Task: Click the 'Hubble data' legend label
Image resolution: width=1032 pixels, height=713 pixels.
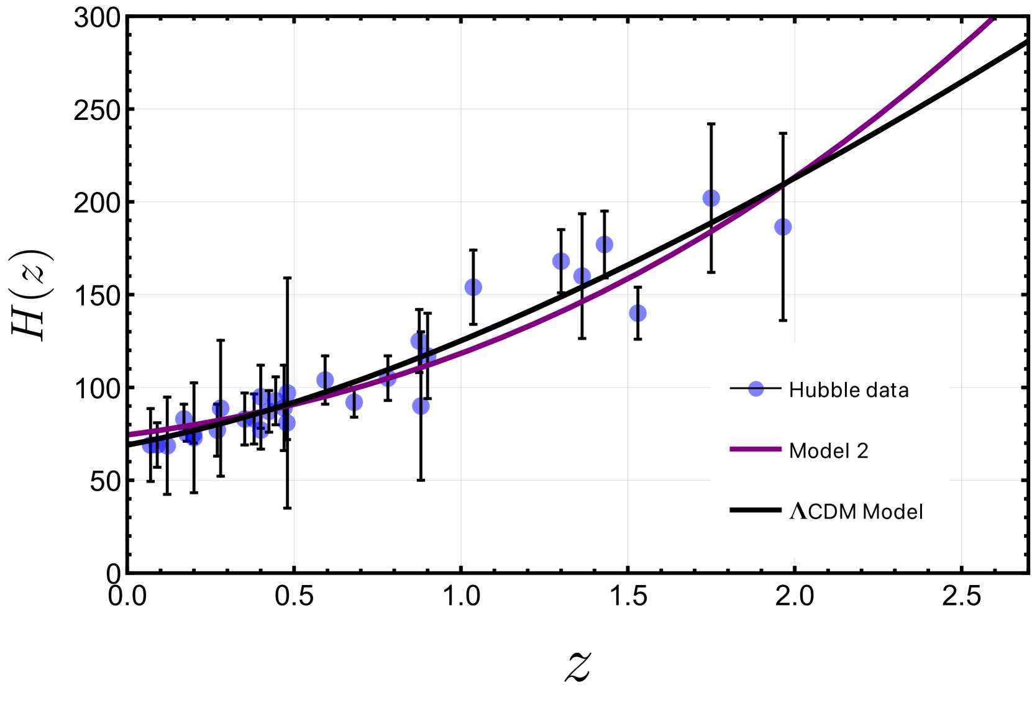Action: click(x=848, y=390)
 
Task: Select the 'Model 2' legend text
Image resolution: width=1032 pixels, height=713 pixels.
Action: click(x=828, y=451)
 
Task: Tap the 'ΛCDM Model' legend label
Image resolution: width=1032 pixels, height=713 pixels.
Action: click(x=856, y=512)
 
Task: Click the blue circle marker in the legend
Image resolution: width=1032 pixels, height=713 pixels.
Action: click(x=756, y=389)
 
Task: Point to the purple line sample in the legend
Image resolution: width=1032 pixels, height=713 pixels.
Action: click(x=756, y=449)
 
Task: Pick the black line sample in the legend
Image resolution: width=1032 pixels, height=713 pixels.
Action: click(x=756, y=510)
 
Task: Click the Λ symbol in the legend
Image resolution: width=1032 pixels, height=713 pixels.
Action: click(x=798, y=511)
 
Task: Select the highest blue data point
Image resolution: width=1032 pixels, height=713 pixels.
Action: click(x=711, y=198)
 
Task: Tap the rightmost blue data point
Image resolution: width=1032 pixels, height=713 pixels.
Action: click(x=783, y=227)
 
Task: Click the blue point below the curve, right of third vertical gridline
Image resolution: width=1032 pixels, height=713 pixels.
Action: click(x=637, y=314)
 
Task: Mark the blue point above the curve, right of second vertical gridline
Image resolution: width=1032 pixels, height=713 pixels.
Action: click(x=473, y=287)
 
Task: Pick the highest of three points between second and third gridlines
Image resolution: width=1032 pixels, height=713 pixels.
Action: click(x=604, y=245)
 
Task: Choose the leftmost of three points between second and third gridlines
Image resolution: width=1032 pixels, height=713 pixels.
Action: click(x=561, y=261)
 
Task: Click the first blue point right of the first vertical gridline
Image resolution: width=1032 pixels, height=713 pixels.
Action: click(x=325, y=379)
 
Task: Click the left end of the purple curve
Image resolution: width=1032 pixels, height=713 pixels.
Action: click(x=131, y=435)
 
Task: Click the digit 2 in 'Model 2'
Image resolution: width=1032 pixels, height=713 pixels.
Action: click(x=862, y=451)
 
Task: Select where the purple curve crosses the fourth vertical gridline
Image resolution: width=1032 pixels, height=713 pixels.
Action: click(x=795, y=178)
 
